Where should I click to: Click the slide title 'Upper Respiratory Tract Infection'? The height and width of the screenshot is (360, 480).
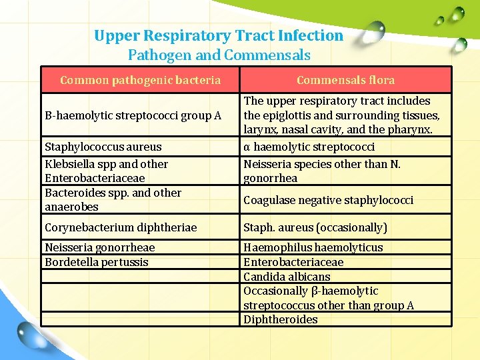pyautogui.click(x=219, y=35)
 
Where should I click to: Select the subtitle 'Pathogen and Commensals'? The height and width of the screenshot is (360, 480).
pyautogui.click(x=219, y=55)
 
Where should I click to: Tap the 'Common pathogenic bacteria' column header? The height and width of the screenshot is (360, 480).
pyautogui.click(x=140, y=80)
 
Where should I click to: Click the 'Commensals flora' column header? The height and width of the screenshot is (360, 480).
pyautogui.click(x=345, y=80)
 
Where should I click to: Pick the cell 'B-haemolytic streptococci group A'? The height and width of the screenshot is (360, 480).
pyautogui.click(x=133, y=115)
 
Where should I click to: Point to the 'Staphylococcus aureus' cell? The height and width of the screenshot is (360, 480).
pyautogui.click(x=103, y=147)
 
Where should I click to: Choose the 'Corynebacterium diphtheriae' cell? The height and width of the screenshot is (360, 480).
pyautogui.click(x=121, y=227)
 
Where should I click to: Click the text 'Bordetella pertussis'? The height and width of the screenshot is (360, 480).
pyautogui.click(x=96, y=262)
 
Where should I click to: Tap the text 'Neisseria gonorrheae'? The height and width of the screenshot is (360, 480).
pyautogui.click(x=99, y=247)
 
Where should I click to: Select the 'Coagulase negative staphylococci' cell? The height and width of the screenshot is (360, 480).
pyautogui.click(x=328, y=200)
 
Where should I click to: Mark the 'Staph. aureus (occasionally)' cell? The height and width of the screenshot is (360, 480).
pyautogui.click(x=315, y=227)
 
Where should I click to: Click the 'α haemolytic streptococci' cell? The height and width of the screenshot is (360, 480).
pyautogui.click(x=309, y=147)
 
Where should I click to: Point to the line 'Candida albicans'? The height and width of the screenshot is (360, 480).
pyautogui.click(x=287, y=277)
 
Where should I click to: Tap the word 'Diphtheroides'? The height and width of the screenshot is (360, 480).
pyautogui.click(x=281, y=319)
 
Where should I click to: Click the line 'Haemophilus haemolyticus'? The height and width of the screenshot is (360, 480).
pyautogui.click(x=313, y=247)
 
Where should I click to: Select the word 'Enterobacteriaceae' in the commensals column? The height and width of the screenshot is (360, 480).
pyautogui.click(x=293, y=262)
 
